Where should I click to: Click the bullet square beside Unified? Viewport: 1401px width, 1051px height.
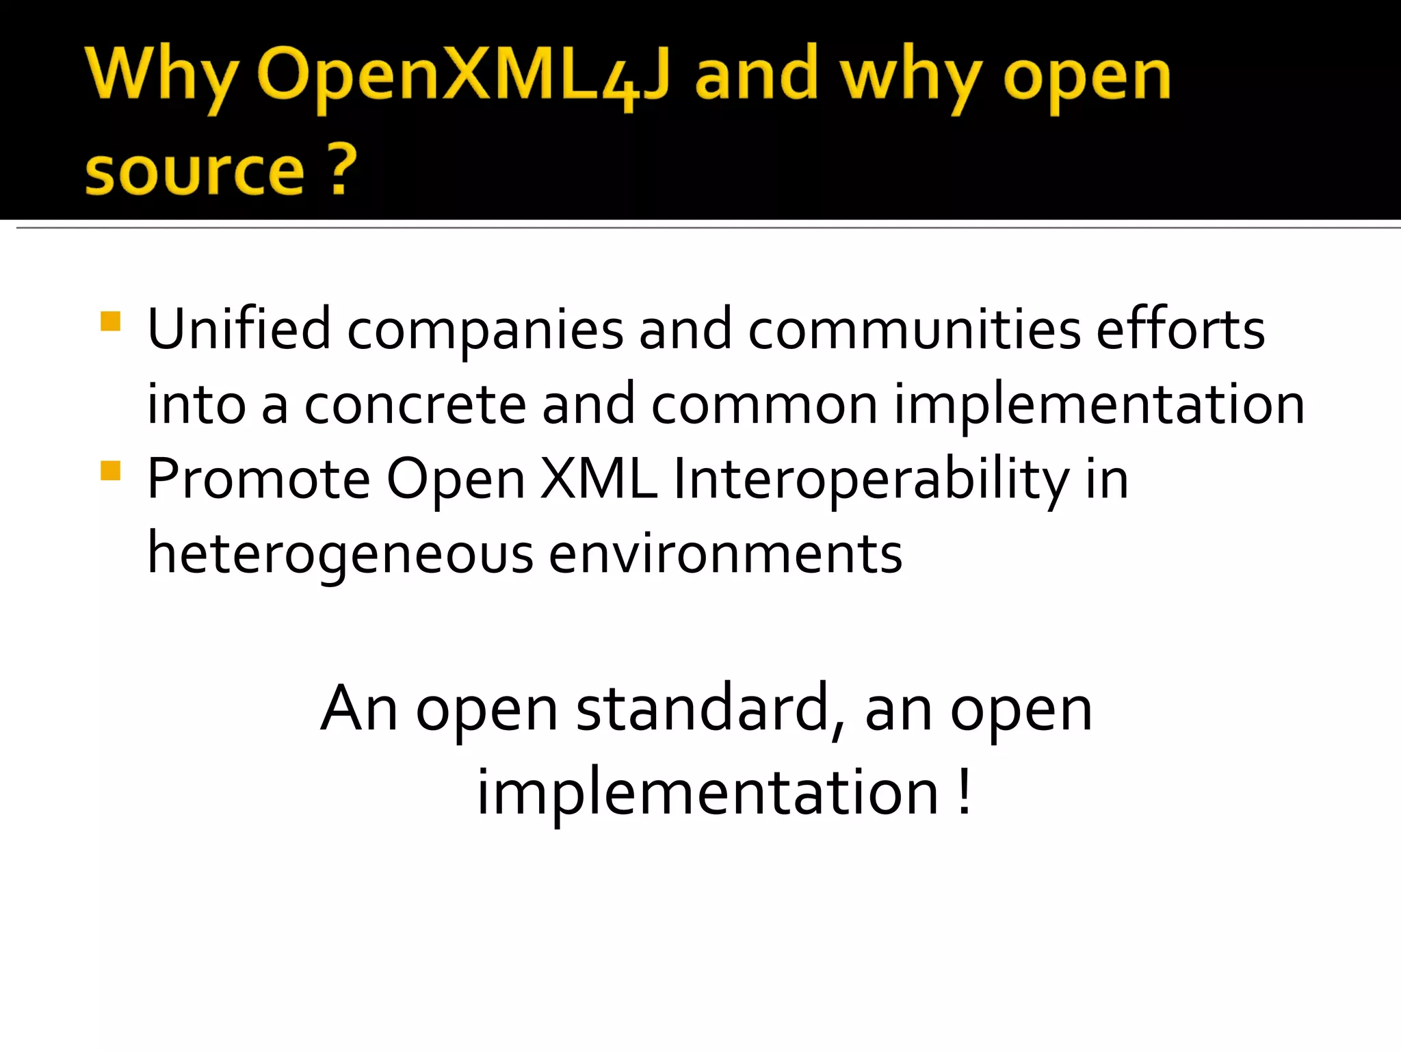click(110, 322)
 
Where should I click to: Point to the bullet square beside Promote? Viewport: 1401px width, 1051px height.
click(110, 471)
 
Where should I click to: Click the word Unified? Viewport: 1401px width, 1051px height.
click(239, 329)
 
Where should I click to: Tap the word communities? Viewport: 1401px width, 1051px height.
click(914, 329)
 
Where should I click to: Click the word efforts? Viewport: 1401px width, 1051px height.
click(1181, 329)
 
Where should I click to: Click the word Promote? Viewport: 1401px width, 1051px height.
click(259, 478)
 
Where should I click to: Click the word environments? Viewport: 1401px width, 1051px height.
click(725, 554)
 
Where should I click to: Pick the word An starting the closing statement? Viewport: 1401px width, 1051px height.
click(358, 710)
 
